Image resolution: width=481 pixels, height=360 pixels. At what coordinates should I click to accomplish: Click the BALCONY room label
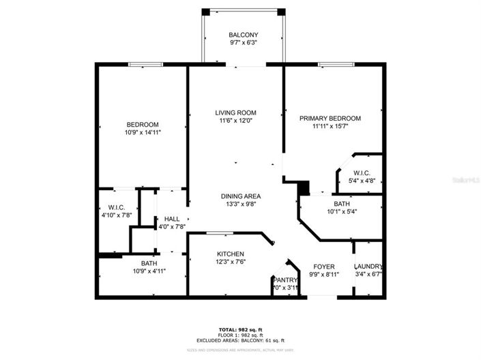243,35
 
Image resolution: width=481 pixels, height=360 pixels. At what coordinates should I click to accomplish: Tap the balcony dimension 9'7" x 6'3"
243,44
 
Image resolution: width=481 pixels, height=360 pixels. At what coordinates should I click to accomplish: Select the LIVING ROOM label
235,112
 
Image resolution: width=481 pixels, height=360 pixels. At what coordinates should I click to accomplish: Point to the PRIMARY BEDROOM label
330,118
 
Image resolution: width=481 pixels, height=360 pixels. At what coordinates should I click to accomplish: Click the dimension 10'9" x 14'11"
143,132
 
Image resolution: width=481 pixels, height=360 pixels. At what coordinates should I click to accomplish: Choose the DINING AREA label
244,196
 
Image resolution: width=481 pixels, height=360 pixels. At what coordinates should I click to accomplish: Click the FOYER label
323,267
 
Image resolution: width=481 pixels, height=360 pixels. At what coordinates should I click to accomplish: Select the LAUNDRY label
368,267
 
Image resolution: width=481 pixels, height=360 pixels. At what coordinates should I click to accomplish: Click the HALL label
172,219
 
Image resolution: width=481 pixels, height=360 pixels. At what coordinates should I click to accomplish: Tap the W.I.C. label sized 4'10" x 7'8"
115,207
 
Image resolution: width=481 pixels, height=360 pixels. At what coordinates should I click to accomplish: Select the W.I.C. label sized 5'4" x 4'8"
362,173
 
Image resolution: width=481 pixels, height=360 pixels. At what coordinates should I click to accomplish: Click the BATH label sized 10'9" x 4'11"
149,263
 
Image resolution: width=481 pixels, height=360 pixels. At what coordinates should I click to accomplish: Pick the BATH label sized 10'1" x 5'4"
342,203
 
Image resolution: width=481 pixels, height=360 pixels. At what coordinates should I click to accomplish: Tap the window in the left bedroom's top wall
147,65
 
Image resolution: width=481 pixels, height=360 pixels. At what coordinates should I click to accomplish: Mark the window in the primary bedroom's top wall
336,65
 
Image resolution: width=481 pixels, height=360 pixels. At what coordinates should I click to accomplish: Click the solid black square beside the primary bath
304,187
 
